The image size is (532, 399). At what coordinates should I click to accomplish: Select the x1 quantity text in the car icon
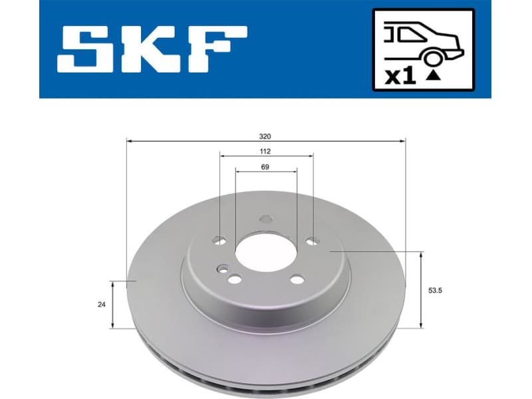[400, 76]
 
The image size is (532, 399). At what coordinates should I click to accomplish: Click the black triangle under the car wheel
[434, 76]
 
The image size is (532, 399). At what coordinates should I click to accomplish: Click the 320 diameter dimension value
[265, 136]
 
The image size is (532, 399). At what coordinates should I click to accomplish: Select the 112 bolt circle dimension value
[265, 151]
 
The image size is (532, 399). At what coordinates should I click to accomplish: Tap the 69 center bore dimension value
[265, 167]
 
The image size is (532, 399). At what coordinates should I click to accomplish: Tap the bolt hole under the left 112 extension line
[221, 241]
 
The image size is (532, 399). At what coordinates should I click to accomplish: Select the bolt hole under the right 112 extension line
[313, 241]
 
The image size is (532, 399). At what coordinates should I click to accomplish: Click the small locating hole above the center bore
[266, 219]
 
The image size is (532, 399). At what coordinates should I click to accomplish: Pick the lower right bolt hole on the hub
[297, 279]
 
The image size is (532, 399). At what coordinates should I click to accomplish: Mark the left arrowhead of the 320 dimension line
[130, 141]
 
